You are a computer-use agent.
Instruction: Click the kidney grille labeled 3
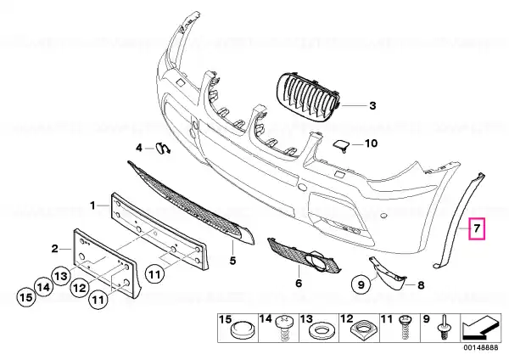[308, 97]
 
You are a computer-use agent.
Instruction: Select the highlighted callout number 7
[477, 228]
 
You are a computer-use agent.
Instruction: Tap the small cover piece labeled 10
[341, 144]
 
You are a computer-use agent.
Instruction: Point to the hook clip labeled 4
[163, 148]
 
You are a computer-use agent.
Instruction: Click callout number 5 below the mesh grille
[232, 261]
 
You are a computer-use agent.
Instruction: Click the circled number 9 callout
[361, 285]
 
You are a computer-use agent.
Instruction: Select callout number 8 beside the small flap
[421, 285]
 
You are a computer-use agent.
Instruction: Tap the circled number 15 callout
[26, 297]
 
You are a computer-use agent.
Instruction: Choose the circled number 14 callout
[44, 287]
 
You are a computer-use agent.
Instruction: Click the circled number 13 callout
[61, 276]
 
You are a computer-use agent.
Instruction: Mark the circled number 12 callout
[80, 288]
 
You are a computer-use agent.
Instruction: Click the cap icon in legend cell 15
[242, 329]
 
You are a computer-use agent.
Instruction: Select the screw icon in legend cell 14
[283, 328]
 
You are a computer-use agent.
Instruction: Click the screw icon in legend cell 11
[406, 327]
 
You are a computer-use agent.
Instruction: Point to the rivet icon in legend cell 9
[443, 327]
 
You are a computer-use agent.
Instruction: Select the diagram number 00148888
[480, 347]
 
